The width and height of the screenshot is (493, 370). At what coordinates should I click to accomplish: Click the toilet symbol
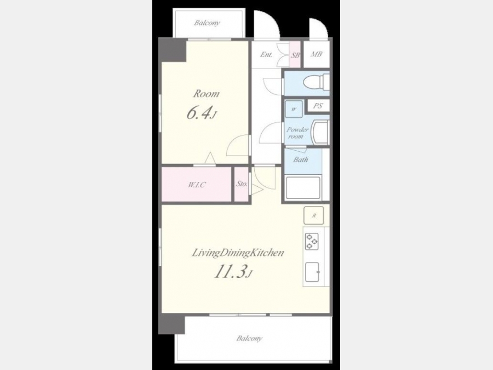click(x=316, y=82)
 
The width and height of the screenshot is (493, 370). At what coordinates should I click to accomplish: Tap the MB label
click(x=316, y=54)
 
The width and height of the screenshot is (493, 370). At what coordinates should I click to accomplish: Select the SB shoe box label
click(x=295, y=55)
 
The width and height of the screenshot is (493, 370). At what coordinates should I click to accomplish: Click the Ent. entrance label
click(x=266, y=54)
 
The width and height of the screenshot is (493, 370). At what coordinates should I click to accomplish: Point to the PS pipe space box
click(x=318, y=106)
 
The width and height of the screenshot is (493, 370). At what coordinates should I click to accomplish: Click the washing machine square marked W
click(x=294, y=109)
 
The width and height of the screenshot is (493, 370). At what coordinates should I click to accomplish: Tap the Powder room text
click(x=297, y=133)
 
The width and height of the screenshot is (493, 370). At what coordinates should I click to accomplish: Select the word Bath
click(x=301, y=160)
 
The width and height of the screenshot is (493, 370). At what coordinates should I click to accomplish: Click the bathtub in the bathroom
click(x=303, y=187)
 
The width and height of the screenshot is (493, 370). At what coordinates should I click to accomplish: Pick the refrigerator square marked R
click(x=313, y=215)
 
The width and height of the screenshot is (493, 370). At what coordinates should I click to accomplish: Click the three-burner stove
click(x=312, y=241)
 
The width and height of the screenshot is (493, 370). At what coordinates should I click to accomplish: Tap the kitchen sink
click(x=313, y=272)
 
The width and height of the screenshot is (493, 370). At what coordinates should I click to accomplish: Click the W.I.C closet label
click(x=197, y=185)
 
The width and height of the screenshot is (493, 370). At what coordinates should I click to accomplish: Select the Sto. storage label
click(x=242, y=184)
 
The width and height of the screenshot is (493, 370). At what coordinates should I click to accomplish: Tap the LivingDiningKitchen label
click(x=238, y=253)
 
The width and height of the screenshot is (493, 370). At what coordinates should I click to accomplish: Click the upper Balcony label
click(x=207, y=22)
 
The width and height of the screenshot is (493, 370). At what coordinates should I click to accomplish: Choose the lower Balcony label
click(x=249, y=339)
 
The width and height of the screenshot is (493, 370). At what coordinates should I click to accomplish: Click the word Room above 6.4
click(x=207, y=93)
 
